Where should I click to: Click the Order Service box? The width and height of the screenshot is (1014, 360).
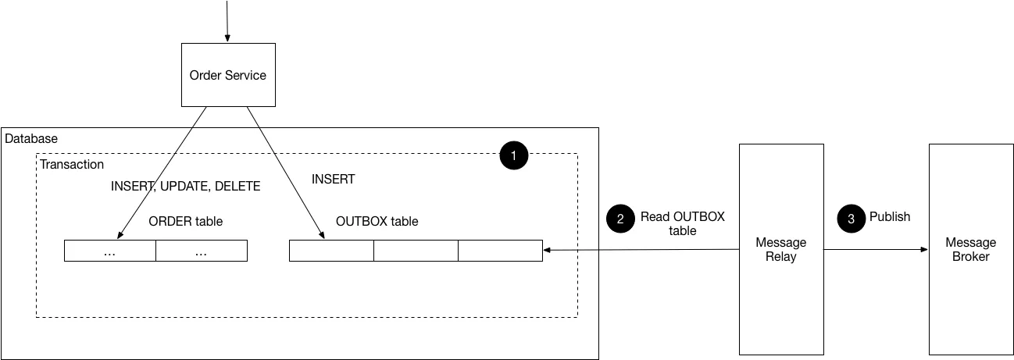click(228, 75)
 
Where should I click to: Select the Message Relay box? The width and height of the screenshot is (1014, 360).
click(781, 249)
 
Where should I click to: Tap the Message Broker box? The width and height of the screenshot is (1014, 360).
click(970, 249)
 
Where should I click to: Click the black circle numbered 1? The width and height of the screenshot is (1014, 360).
click(513, 156)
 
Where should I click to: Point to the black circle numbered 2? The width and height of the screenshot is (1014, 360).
click(620, 219)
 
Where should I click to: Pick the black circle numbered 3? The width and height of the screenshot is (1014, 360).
click(851, 219)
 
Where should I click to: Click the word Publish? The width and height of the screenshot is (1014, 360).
click(890, 216)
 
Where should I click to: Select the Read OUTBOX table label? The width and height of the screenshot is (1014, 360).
click(682, 223)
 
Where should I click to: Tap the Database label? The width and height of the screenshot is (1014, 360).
click(31, 138)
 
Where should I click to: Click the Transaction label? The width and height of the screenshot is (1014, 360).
click(72, 164)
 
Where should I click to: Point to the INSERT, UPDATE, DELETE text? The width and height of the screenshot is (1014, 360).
click(185, 187)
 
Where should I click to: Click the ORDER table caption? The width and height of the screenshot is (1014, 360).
click(185, 221)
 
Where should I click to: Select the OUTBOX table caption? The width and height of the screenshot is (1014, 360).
click(377, 221)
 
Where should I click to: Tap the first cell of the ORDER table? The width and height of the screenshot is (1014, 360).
click(110, 251)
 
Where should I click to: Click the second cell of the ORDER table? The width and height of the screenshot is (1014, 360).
click(202, 251)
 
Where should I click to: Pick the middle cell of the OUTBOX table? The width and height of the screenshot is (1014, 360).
click(416, 251)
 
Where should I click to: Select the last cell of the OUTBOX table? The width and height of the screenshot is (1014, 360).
click(500, 251)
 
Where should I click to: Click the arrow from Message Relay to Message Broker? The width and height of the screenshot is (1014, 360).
click(875, 250)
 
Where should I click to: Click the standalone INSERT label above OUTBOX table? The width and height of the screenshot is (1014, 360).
click(333, 179)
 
